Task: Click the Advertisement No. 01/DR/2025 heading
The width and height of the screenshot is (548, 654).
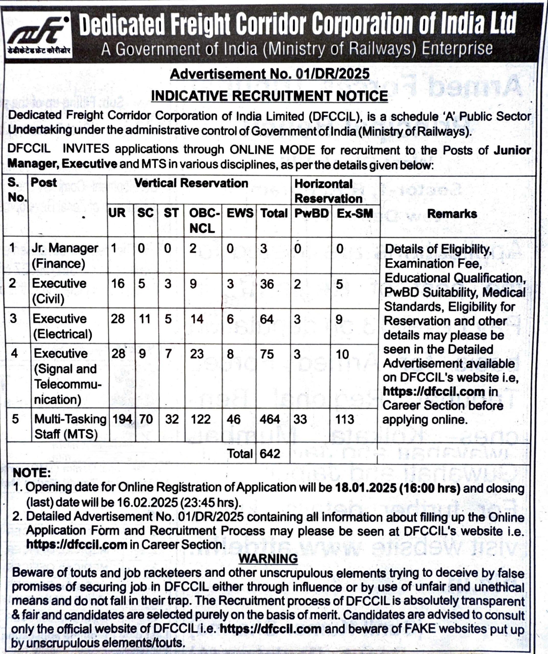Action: point(269,74)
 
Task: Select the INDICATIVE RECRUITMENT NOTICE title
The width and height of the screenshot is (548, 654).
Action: point(269,96)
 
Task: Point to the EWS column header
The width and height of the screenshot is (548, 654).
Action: point(240,213)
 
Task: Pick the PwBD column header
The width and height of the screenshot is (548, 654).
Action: point(311,214)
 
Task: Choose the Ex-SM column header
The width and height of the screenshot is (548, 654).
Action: point(355,214)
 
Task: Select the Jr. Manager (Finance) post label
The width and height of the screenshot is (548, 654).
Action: point(65,256)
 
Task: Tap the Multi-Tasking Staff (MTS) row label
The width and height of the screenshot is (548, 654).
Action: point(70,426)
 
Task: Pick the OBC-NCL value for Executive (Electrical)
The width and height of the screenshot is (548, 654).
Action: point(197,319)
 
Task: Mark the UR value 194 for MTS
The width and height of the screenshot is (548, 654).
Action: point(122,419)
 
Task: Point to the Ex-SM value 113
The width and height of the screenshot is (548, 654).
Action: point(345,419)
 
